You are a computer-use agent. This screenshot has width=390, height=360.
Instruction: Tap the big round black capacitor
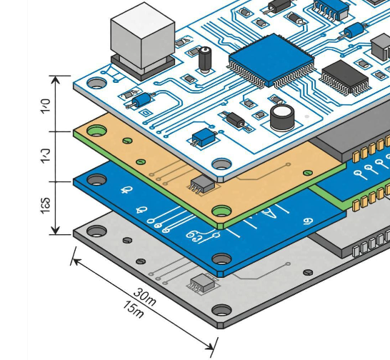point(282,117)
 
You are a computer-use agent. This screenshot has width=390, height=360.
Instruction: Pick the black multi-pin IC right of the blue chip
point(344,76)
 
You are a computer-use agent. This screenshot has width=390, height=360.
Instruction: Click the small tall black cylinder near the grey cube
point(206,59)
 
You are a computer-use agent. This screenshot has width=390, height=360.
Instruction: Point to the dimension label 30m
point(146,296)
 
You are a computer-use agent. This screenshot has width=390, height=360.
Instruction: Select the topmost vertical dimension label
point(45,106)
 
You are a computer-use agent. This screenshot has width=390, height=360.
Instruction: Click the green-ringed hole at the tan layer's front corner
point(222,212)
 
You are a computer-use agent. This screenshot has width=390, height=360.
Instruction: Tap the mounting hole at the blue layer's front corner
point(222,258)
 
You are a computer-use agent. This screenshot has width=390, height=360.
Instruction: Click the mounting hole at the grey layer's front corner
point(222,311)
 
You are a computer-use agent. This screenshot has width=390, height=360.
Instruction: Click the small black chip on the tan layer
point(201,184)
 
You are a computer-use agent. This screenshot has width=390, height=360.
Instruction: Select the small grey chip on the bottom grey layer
point(202,284)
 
